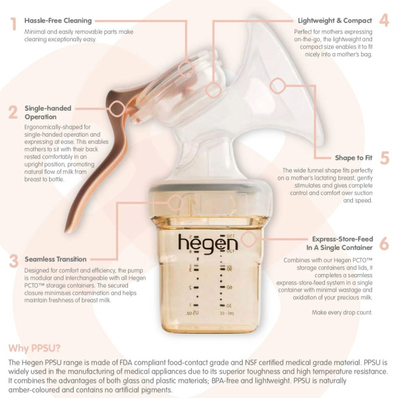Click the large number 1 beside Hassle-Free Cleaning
tap(13, 24)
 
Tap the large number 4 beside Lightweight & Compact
tap(384, 20)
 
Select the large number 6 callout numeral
tap(384, 243)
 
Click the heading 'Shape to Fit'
tap(354, 158)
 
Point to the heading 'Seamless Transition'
tap(56, 259)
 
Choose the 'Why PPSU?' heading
tap(34, 348)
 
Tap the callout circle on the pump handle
tap(117, 109)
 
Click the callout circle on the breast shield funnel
tap(278, 86)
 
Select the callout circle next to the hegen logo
tap(249, 239)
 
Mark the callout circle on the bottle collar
tap(175, 202)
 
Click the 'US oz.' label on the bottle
tap(192, 313)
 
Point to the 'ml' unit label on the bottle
tap(230, 313)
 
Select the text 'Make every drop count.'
tap(342, 312)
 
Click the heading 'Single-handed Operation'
tap(48, 113)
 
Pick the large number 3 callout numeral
tap(14, 261)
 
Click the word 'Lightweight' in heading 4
tap(316, 21)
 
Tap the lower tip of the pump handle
tap(66, 231)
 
